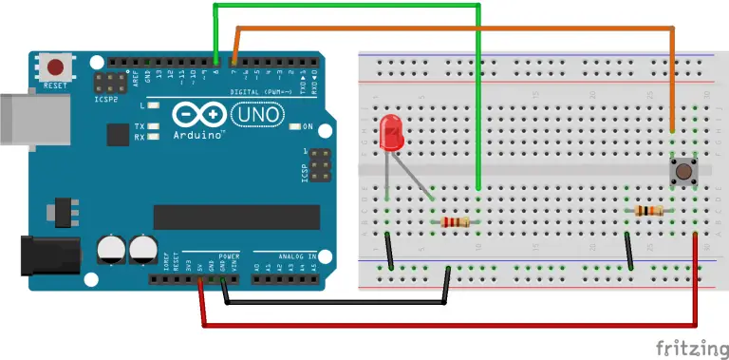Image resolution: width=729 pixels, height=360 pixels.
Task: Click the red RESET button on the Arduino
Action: pyautogui.click(x=56, y=67)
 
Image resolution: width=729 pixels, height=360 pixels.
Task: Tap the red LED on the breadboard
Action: pyautogui.click(x=390, y=134)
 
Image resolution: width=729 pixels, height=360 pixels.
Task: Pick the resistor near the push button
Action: pyautogui.click(x=650, y=211)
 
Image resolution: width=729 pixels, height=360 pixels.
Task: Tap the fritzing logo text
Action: pyautogui.click(x=682, y=346)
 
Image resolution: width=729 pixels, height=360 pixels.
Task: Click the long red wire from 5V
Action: pyautogui.click(x=446, y=326)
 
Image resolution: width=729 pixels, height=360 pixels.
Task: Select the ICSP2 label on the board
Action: pyautogui.click(x=106, y=97)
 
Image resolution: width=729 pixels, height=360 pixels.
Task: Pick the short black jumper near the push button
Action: pyautogui.click(x=629, y=252)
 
